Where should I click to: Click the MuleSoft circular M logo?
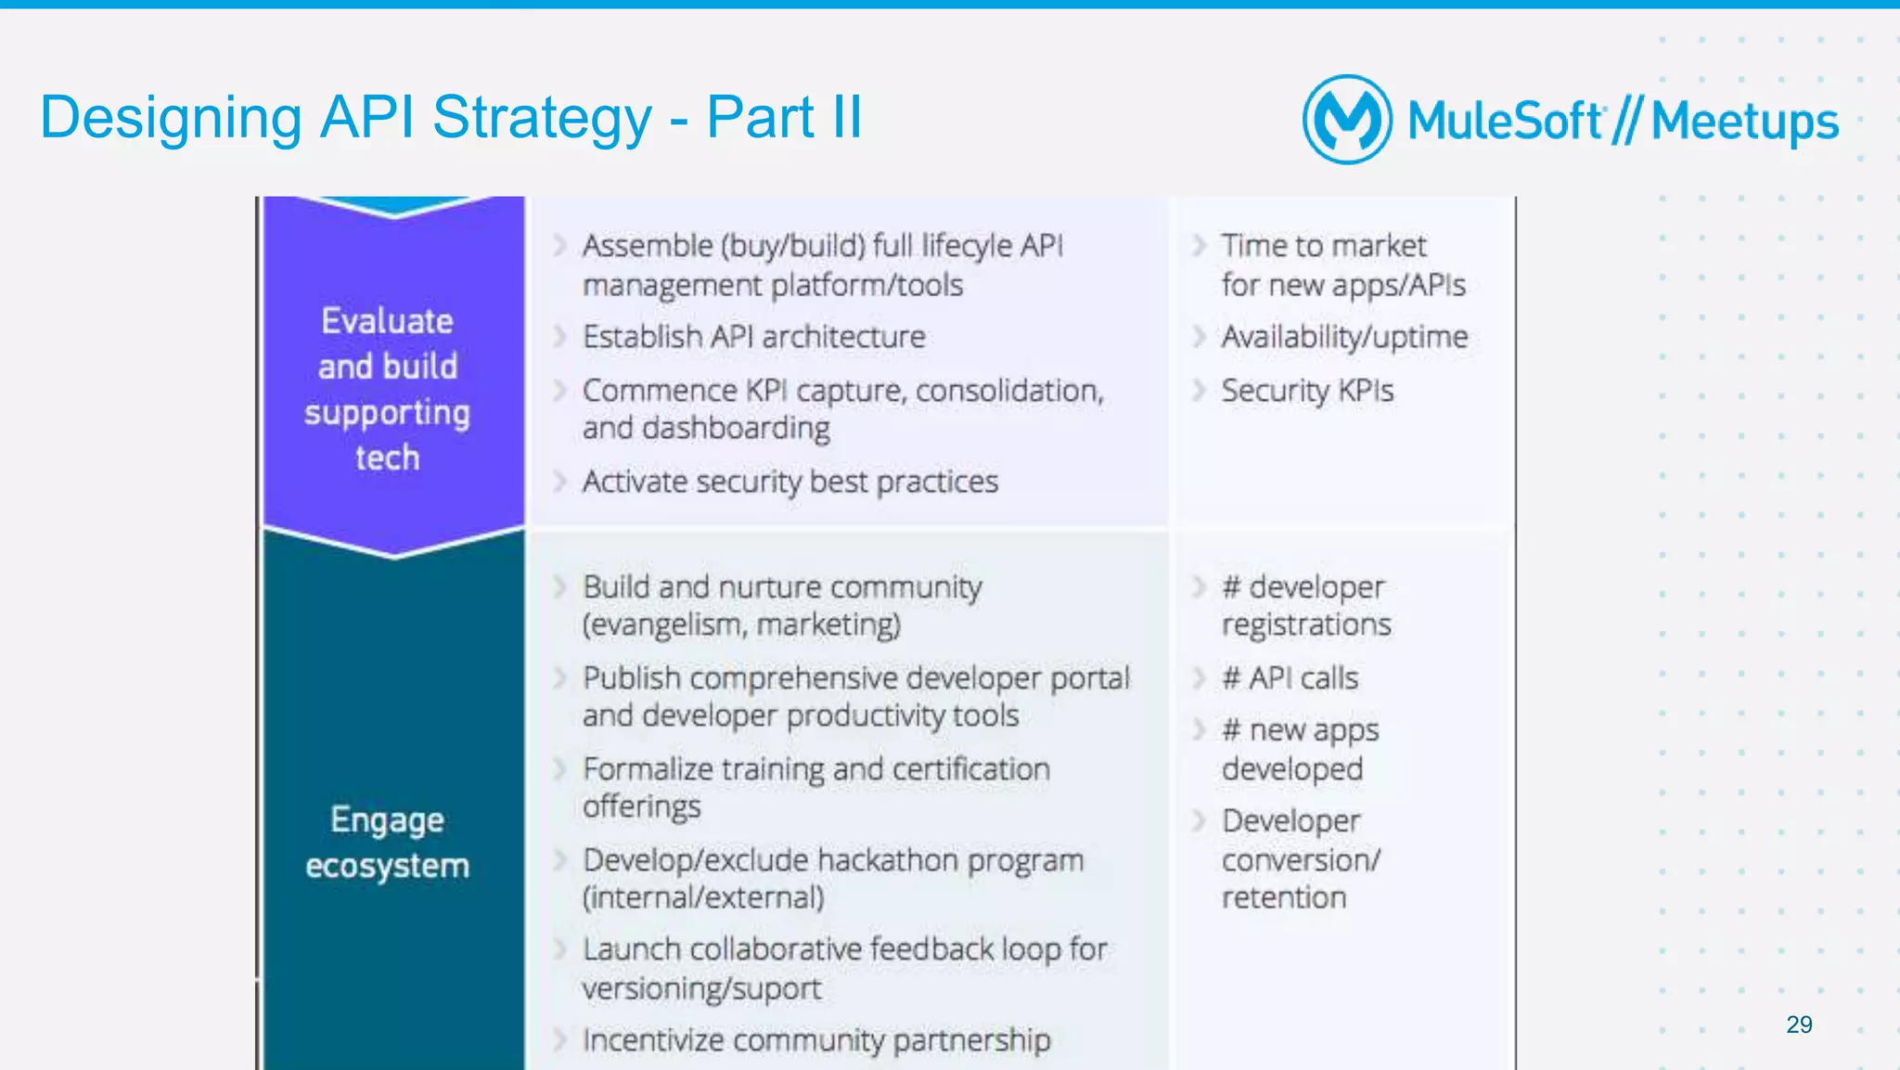pos(1347,120)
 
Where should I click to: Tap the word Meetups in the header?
pos(1744,122)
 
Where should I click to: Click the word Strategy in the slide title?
pos(542,118)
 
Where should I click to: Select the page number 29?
pos(1799,1025)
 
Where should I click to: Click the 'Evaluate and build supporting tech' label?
pos(388,389)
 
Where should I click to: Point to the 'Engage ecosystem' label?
pos(388,843)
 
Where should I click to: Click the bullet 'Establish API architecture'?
pos(753,336)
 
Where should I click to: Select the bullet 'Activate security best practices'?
pos(790,482)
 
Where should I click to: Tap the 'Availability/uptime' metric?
pos(1344,337)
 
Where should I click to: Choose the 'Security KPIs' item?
pos(1307,391)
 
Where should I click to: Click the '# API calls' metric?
pos(1290,678)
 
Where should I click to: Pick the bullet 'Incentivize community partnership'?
pos(816,1040)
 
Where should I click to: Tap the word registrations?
pos(1306,625)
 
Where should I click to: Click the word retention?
pos(1283,897)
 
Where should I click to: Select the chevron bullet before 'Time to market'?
pos(1200,246)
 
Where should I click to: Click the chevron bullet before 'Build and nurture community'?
pos(560,587)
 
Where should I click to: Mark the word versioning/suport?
pos(701,988)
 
